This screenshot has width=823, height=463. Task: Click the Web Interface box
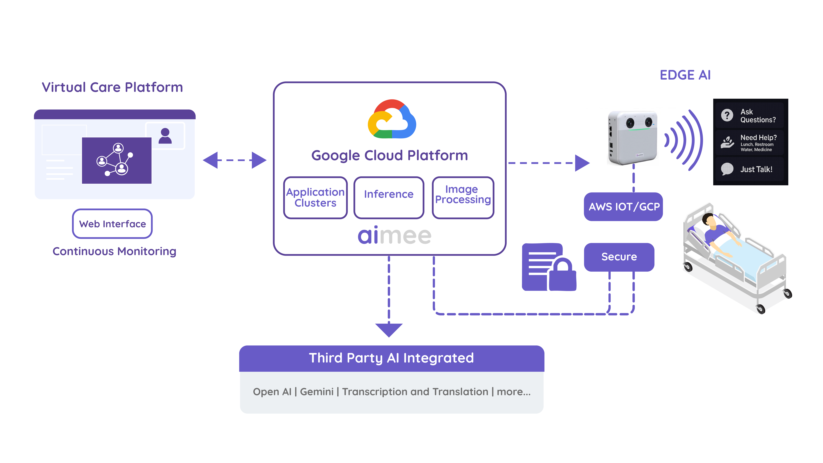tap(112, 224)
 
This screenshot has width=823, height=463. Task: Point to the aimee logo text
tap(395, 236)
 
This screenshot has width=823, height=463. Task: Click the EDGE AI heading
tap(685, 75)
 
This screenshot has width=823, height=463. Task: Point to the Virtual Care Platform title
tap(112, 87)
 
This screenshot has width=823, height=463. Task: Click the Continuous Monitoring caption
tap(114, 251)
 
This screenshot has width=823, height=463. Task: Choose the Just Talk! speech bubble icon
tap(727, 169)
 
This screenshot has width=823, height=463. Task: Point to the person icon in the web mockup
tap(165, 136)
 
